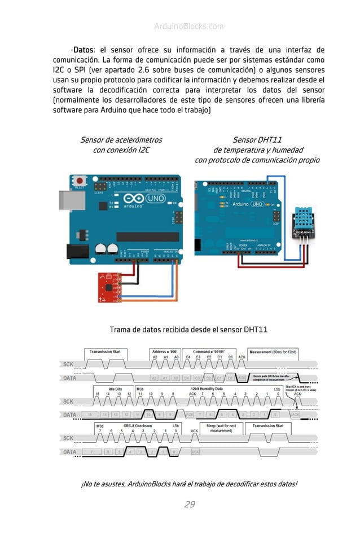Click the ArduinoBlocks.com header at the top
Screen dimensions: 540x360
point(188,27)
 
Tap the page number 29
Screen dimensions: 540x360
point(190,504)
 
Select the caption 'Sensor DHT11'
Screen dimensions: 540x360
point(257,140)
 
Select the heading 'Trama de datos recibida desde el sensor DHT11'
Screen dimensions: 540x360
point(188,330)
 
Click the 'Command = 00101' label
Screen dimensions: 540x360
point(214,352)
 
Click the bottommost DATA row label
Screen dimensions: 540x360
point(69,451)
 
